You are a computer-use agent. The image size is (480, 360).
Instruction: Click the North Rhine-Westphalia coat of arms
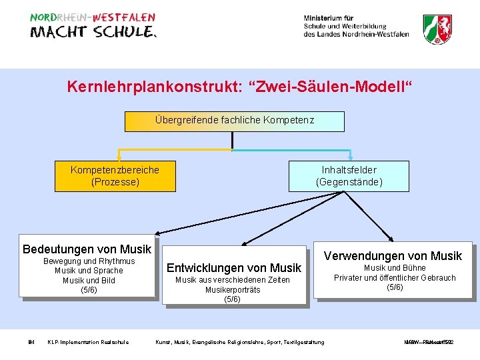pyautogui.click(x=437, y=29)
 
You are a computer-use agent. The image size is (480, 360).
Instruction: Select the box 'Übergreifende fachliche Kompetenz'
pyautogui.click(x=235, y=121)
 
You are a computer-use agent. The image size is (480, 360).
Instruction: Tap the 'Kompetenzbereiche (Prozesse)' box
pyautogui.click(x=115, y=175)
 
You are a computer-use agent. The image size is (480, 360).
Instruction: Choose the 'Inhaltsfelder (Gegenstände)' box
pyautogui.click(x=349, y=175)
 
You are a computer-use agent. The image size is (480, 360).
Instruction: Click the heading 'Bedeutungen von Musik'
pyautogui.click(x=87, y=249)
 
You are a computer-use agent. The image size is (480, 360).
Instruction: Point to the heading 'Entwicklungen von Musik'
pyautogui.click(x=234, y=268)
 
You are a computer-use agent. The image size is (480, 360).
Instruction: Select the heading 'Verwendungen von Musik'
pyautogui.click(x=393, y=256)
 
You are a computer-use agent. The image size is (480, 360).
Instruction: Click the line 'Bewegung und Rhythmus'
pyautogui.click(x=89, y=261)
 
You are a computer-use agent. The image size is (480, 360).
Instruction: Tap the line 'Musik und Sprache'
pyautogui.click(x=89, y=271)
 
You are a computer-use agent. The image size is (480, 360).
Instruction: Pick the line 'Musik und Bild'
pyautogui.click(x=89, y=280)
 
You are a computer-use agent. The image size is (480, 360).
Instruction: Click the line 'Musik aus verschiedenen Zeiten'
pyautogui.click(x=232, y=280)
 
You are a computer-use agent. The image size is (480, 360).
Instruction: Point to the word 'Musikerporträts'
pyautogui.click(x=232, y=290)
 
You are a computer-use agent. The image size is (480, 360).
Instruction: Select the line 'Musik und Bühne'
pyautogui.click(x=395, y=268)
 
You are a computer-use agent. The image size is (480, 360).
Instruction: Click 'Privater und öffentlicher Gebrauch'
pyautogui.click(x=395, y=278)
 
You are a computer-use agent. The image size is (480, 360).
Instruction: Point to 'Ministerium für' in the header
pyautogui.click(x=329, y=18)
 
